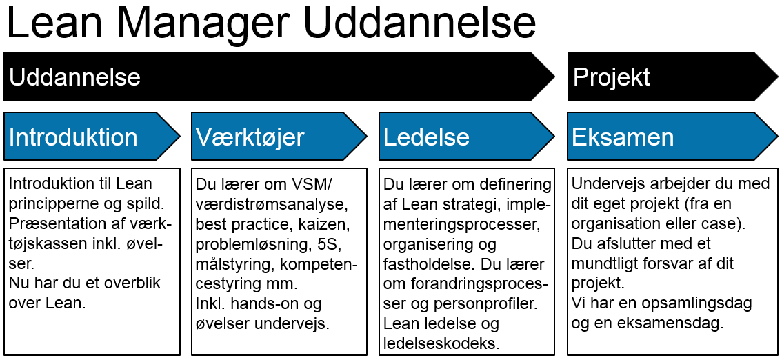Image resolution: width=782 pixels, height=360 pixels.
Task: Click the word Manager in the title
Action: point(208,23)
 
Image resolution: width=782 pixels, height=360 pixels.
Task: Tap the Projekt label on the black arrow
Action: point(612,78)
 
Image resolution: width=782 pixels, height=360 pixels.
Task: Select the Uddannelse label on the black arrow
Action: point(74,78)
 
